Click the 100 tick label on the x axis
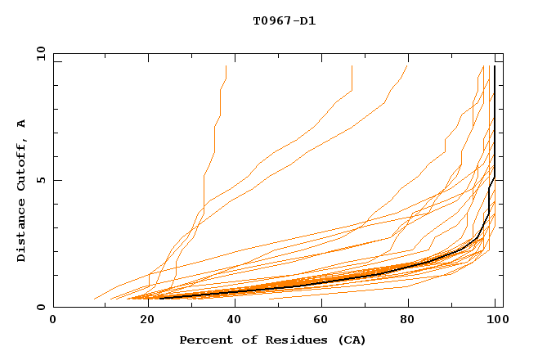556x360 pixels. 497,322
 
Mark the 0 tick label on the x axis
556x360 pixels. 54,322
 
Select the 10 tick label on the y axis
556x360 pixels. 38,53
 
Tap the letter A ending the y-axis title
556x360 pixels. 22,124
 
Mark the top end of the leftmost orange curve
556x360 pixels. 226,66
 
